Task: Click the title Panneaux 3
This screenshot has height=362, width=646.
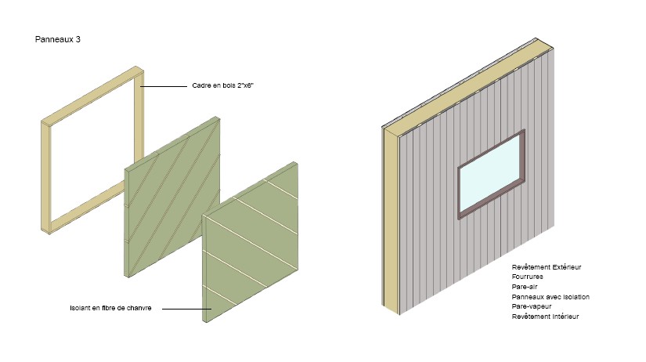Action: pyautogui.click(x=58, y=39)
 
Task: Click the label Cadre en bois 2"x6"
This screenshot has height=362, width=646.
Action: pyautogui.click(x=223, y=85)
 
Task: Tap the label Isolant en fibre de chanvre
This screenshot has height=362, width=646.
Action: pyautogui.click(x=110, y=308)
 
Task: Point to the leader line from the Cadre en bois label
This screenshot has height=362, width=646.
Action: pyautogui.click(x=164, y=87)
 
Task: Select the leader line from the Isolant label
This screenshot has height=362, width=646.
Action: pyautogui.click(x=186, y=309)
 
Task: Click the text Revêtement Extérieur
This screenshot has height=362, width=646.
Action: pyautogui.click(x=547, y=267)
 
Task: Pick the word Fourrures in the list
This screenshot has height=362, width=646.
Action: pyautogui.click(x=527, y=277)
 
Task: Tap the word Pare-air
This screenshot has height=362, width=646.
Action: pyautogui.click(x=525, y=287)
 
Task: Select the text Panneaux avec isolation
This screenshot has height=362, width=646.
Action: pyautogui.click(x=550, y=297)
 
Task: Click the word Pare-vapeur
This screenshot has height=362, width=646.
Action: pyautogui.click(x=532, y=306)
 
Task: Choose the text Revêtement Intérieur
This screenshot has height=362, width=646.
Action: pyautogui.click(x=545, y=317)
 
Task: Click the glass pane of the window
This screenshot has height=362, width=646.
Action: pyautogui.click(x=490, y=174)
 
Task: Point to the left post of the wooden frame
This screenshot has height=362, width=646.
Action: pyautogui.click(x=46, y=177)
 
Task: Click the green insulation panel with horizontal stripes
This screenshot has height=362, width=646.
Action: pyautogui.click(x=251, y=242)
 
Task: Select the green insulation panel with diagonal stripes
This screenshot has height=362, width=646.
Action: pyautogui.click(x=172, y=197)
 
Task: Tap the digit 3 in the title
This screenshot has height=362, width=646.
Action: pyautogui.click(x=78, y=39)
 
